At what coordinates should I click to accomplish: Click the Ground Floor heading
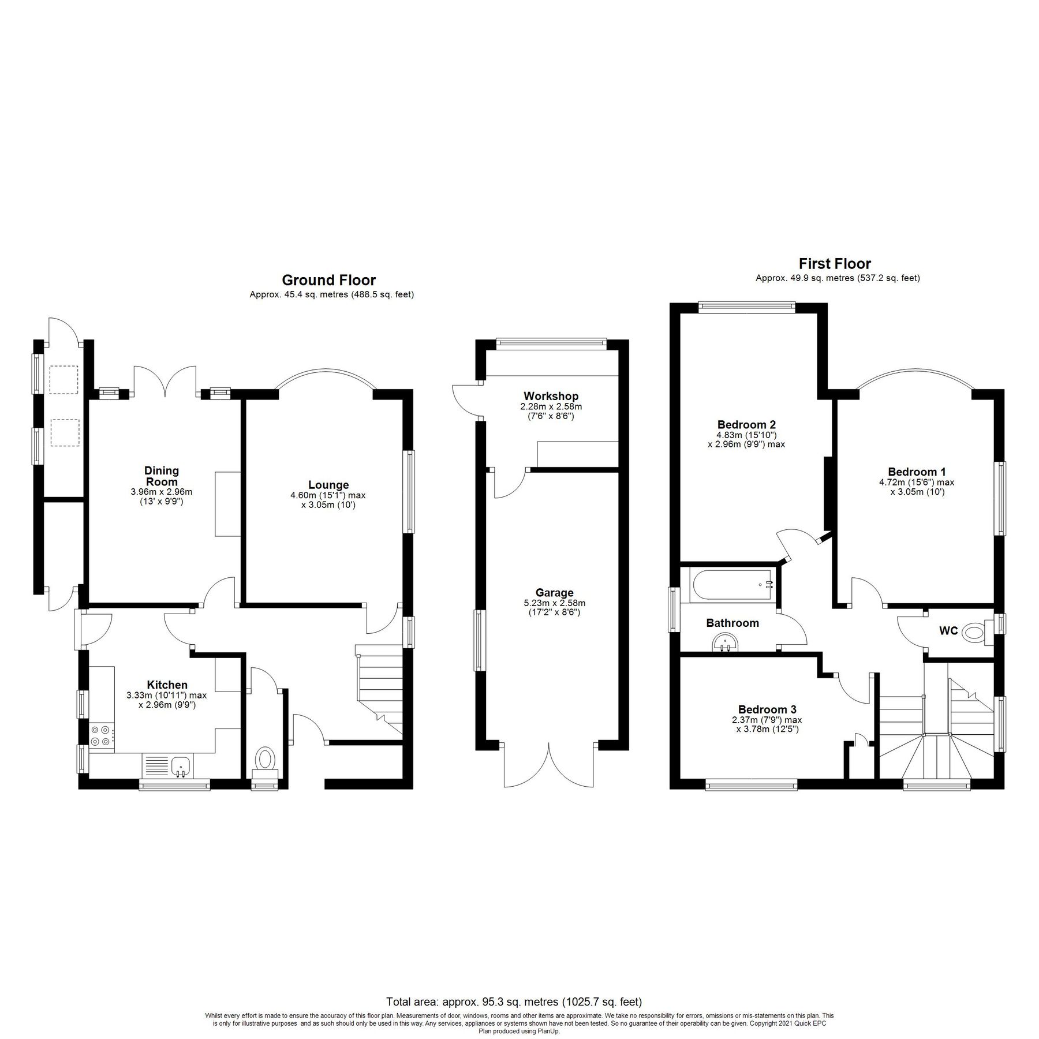point(328,280)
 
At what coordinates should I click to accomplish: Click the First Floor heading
point(835,264)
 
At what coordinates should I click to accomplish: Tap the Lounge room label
point(328,485)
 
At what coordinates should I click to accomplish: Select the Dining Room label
point(162,476)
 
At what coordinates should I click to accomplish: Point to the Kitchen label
point(167,685)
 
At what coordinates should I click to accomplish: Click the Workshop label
point(551,396)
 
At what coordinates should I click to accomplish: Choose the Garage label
point(554,592)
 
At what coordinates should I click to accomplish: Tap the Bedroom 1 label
point(917,472)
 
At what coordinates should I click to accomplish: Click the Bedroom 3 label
point(767,709)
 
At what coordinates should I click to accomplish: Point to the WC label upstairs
point(948,631)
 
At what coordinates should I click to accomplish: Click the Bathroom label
point(732,623)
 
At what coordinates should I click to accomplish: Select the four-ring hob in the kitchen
point(101,737)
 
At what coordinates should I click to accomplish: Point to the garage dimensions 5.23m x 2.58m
point(554,603)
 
